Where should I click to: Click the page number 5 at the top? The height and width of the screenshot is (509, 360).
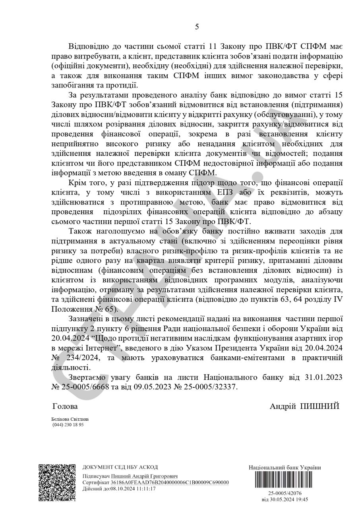197,27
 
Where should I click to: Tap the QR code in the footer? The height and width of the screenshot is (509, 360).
57,482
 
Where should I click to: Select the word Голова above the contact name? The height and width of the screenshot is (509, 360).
65,406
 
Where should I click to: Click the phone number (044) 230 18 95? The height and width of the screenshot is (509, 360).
68,425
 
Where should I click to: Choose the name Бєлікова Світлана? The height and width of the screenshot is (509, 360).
70,419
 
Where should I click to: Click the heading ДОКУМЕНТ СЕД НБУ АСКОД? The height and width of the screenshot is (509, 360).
120,467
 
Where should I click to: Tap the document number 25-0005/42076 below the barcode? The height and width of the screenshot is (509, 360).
285,493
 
